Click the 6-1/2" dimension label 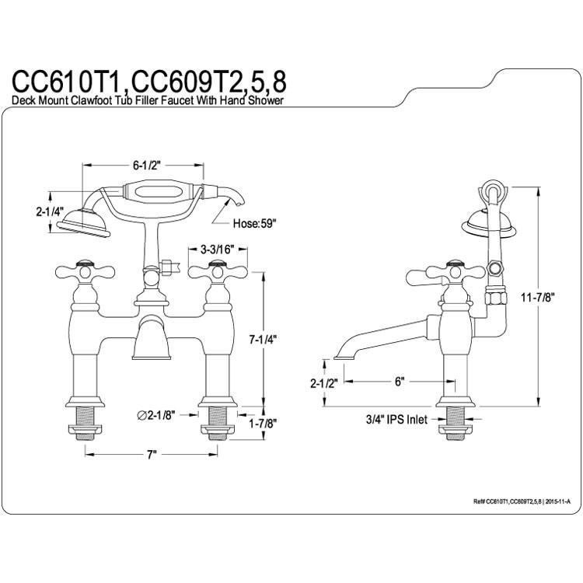click(146, 166)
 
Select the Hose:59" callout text click(255, 223)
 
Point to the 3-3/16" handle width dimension click(218, 250)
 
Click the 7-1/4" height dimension click(264, 340)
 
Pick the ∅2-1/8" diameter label click(155, 415)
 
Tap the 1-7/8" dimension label click(263, 423)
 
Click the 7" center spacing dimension click(152, 455)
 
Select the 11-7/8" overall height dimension click(538, 297)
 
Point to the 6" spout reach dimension click(400, 382)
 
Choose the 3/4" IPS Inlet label click(396, 420)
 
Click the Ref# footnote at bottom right click(522, 501)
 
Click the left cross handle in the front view click(85, 272)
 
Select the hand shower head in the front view click(84, 223)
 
